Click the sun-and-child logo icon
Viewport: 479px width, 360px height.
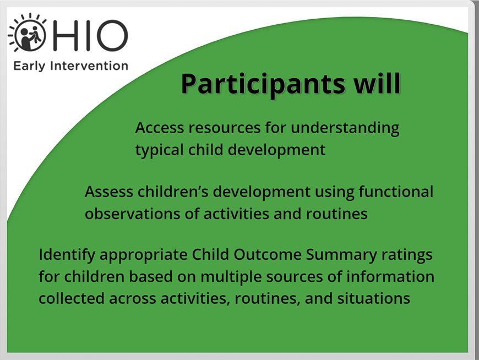pos(28,33)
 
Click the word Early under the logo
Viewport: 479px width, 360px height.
pos(29,66)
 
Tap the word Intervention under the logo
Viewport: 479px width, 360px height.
pos(89,66)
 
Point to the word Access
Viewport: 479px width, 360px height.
pos(160,127)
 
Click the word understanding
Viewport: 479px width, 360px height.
pos(345,128)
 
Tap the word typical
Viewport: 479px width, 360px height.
pos(160,150)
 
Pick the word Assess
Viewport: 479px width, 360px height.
pos(109,192)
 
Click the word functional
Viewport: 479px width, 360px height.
pos(396,192)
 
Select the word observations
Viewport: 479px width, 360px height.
pos(133,214)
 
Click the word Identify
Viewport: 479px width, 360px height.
pos(67,255)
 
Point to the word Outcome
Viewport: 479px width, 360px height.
pos(268,254)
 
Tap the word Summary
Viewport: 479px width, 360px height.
pos(341,255)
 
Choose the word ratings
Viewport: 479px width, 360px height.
pos(407,255)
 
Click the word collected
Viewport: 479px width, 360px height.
pos(72,298)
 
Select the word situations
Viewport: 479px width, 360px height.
pos(373,298)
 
